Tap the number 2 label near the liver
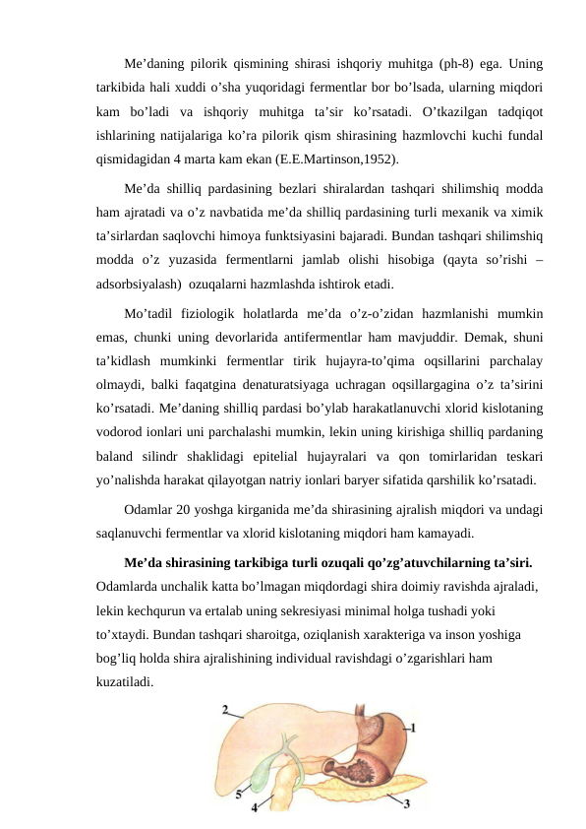[x=227, y=709]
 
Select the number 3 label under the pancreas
[x=407, y=803]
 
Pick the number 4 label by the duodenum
[x=256, y=807]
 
